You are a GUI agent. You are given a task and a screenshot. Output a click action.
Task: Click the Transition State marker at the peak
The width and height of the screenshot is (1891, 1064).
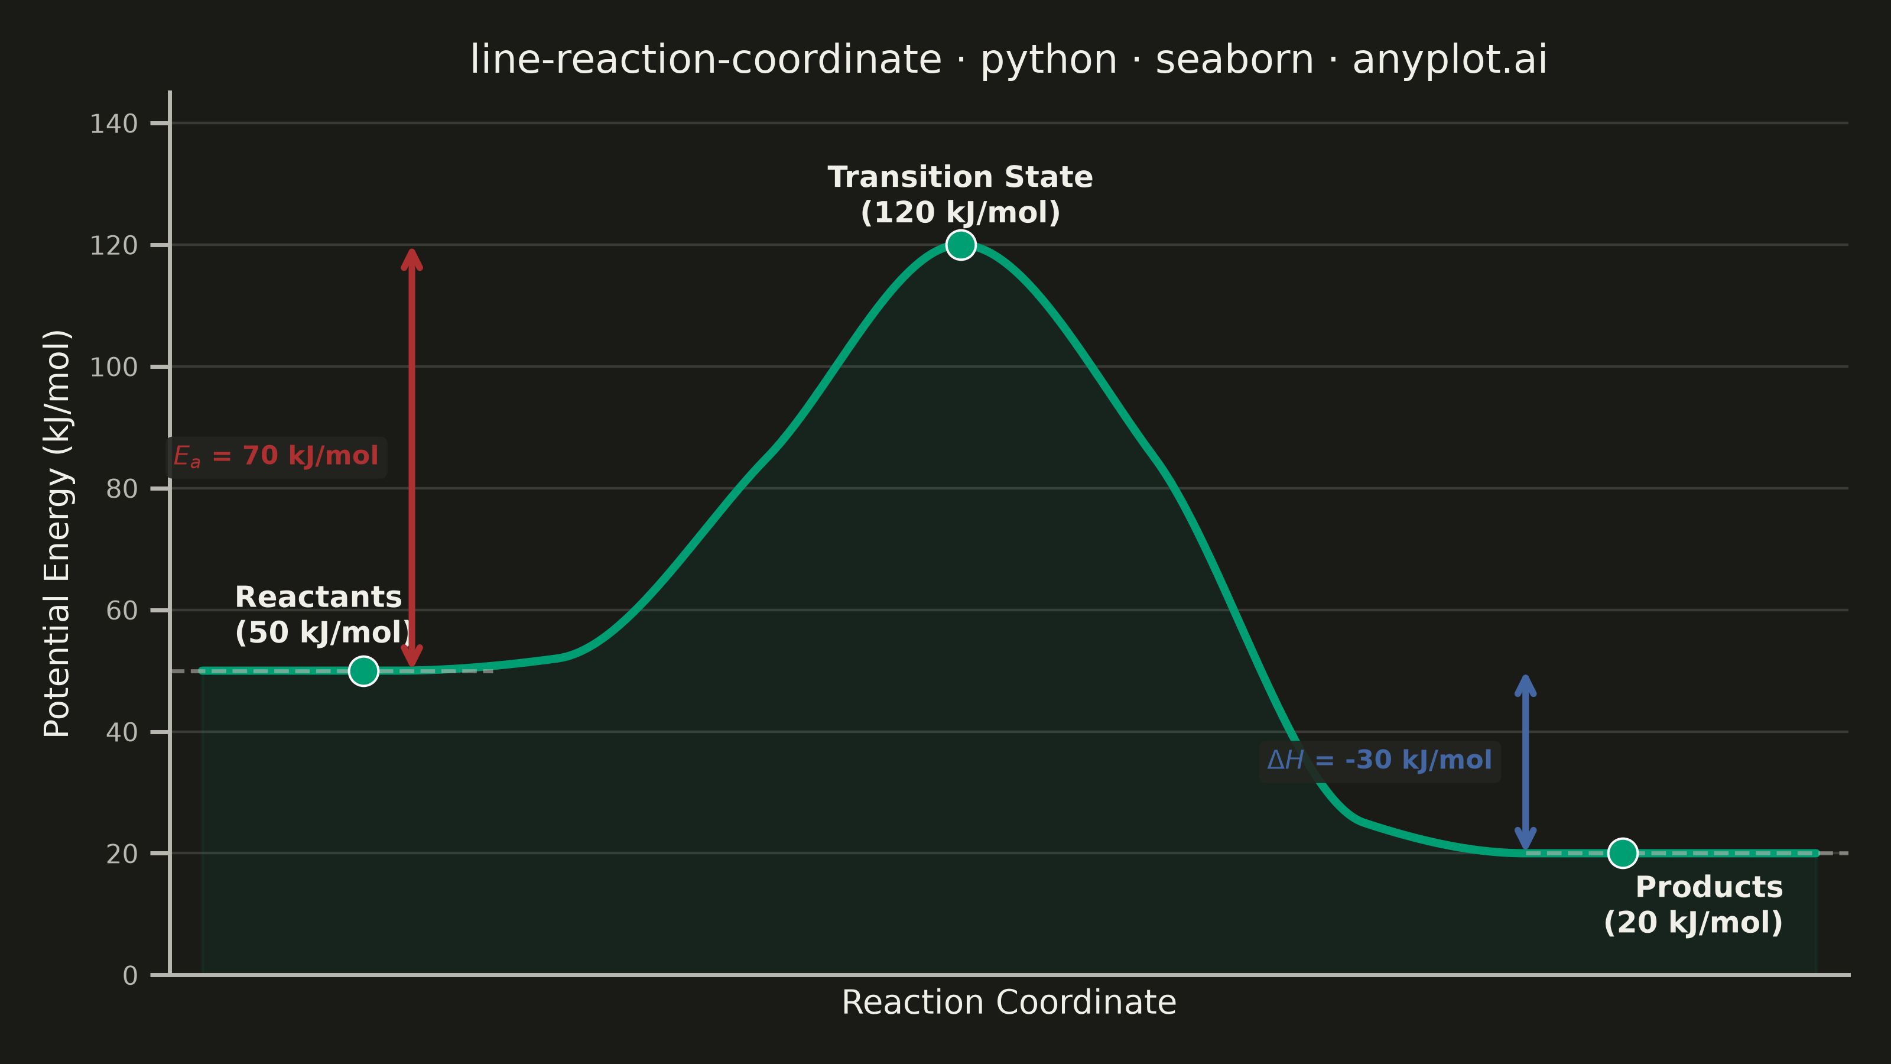[961, 245]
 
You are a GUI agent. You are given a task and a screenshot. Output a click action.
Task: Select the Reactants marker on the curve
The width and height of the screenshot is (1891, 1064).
[363, 670]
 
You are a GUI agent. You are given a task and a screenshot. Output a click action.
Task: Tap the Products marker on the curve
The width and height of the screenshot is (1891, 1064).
[1622, 853]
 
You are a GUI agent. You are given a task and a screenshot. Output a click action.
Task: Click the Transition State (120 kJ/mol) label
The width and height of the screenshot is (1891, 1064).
[960, 194]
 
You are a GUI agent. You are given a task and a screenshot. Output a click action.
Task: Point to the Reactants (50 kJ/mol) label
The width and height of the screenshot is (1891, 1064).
[323, 615]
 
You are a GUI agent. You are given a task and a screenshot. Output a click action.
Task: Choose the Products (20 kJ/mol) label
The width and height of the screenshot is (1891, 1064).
[1694, 904]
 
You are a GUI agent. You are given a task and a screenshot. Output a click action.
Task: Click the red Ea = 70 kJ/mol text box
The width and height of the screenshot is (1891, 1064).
[276, 457]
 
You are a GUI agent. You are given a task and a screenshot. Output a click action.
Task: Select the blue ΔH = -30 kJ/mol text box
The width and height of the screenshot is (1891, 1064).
[1379, 761]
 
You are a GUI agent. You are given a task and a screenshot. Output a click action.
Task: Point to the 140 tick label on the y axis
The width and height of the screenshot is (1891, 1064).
[114, 124]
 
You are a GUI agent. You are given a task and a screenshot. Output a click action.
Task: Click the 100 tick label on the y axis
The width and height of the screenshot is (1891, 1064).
[114, 367]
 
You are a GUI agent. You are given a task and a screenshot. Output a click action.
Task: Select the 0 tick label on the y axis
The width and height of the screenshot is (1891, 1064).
[130, 976]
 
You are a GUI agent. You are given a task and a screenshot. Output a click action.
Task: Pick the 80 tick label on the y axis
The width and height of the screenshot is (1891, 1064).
[122, 489]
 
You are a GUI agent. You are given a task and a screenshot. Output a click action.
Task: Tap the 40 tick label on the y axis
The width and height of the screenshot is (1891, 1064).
[122, 732]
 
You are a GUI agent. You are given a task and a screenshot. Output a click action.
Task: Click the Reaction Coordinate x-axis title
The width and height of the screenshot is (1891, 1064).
[1009, 1003]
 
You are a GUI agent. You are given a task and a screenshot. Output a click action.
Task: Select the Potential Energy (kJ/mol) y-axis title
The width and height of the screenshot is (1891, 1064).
[57, 534]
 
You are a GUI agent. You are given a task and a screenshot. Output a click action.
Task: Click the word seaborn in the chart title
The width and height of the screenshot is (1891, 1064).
[1234, 60]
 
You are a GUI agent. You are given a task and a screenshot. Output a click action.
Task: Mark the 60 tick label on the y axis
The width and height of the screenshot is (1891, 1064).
[122, 611]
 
